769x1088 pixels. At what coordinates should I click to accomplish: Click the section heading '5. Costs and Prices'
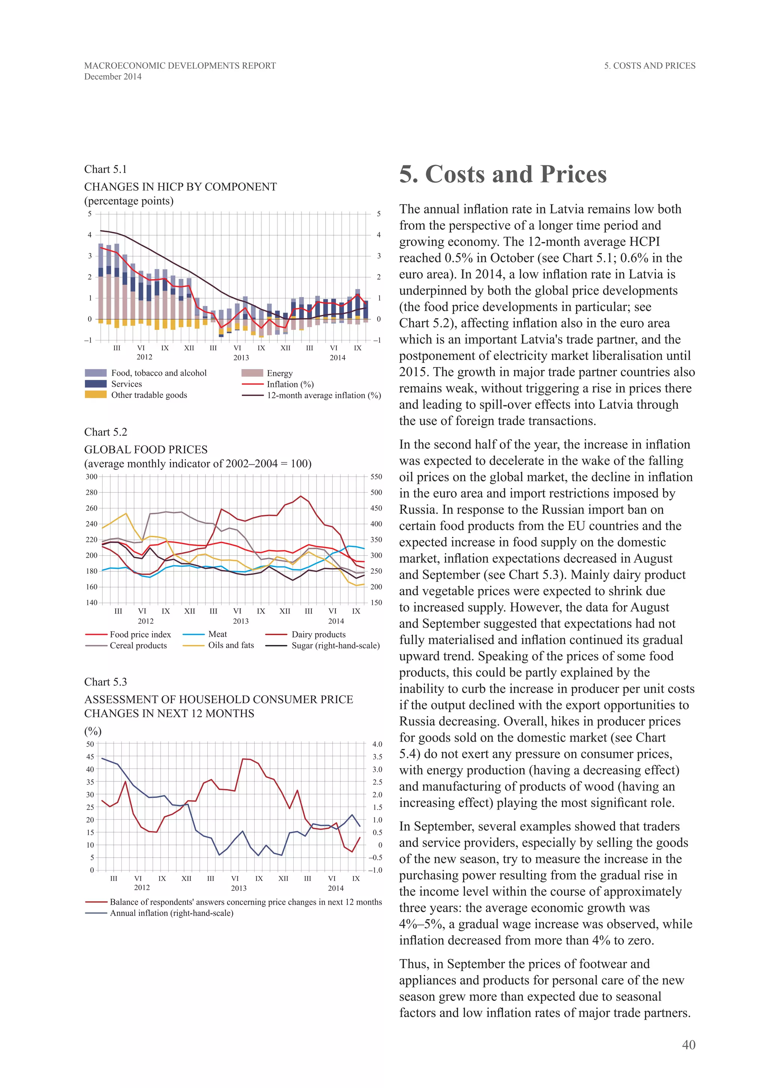coord(502,174)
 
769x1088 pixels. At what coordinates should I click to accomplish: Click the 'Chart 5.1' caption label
coord(105,169)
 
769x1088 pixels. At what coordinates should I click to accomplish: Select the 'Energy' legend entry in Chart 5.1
coord(279,373)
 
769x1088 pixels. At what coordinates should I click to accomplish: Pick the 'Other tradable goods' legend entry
coord(149,395)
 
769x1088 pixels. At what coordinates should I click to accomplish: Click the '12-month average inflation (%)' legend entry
coord(323,395)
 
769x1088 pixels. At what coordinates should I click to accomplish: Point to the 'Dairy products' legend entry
coord(318,634)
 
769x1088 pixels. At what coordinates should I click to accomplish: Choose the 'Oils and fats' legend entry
coord(231,645)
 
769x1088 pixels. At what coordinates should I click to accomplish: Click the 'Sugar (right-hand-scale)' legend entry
coord(335,645)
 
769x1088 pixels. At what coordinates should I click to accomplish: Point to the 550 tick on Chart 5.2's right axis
coord(376,477)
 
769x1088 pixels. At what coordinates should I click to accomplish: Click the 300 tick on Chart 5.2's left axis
coord(91,477)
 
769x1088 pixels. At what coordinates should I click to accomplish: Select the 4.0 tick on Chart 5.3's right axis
coord(377,744)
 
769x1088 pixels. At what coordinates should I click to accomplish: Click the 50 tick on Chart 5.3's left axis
coord(90,744)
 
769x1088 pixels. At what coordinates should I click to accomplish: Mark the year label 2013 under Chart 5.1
coord(241,358)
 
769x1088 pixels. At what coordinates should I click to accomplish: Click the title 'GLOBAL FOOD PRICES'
coord(146,449)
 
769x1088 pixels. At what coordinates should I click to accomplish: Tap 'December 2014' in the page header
coord(113,77)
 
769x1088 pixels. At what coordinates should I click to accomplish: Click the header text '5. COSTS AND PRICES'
coord(649,66)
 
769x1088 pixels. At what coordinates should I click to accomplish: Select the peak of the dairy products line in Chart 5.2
coord(301,496)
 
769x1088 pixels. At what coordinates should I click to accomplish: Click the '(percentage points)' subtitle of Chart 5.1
coord(129,201)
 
